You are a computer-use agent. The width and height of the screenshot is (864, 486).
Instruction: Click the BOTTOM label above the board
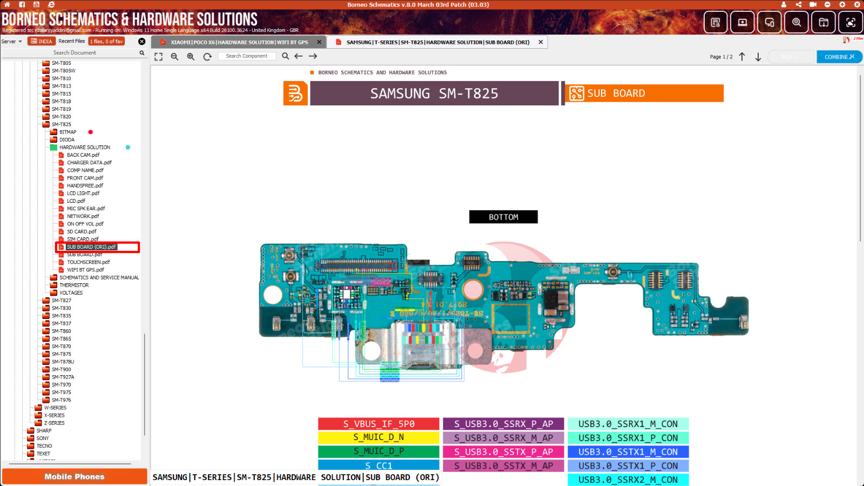(x=503, y=217)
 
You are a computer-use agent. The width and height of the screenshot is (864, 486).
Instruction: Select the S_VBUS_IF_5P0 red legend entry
(x=379, y=424)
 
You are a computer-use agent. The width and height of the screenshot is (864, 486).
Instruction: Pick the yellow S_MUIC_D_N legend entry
(x=379, y=437)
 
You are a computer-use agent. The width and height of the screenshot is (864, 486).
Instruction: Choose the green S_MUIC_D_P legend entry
(x=379, y=451)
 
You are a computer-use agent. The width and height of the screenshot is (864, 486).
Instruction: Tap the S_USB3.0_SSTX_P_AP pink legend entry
(x=503, y=452)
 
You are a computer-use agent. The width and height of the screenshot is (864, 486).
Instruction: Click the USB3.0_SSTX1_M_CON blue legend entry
(x=627, y=452)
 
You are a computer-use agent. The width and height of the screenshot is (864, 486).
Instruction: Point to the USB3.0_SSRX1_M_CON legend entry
(x=627, y=424)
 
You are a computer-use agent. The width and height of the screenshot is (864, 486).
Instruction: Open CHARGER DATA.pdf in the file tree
(x=89, y=163)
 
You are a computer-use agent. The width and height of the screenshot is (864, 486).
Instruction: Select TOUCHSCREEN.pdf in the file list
(x=88, y=262)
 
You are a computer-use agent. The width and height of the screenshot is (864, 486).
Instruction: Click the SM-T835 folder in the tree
(x=62, y=316)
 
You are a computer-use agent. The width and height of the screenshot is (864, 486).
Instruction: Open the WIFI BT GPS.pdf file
(x=85, y=270)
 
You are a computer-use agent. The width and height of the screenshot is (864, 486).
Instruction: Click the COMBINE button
(x=839, y=57)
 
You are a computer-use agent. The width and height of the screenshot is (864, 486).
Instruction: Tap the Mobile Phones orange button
(x=75, y=476)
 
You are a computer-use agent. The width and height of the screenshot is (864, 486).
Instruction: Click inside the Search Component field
(x=247, y=56)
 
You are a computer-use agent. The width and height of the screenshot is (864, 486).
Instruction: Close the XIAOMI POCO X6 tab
(x=319, y=42)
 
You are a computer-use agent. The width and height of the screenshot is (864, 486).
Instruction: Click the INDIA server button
(x=42, y=41)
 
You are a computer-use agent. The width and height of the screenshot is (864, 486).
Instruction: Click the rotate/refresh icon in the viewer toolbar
(x=207, y=56)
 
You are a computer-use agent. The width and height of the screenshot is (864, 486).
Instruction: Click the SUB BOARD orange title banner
(x=644, y=94)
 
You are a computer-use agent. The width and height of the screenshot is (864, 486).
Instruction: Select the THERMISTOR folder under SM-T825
(x=74, y=285)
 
